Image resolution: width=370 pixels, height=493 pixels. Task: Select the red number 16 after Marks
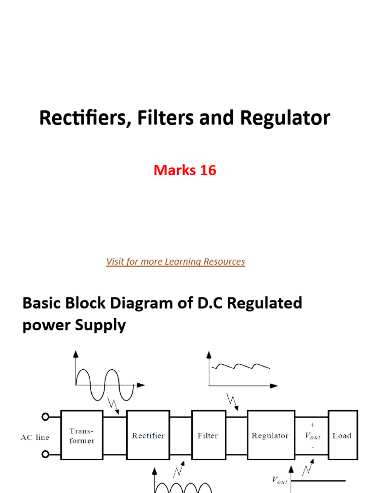point(206,170)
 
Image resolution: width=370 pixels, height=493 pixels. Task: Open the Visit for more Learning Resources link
point(175,261)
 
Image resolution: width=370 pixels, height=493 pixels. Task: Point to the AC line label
point(35,438)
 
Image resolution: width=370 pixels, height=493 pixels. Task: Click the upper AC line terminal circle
point(46,417)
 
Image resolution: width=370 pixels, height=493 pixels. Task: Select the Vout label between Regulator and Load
point(313,436)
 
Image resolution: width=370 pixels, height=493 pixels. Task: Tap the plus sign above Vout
point(312,425)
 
